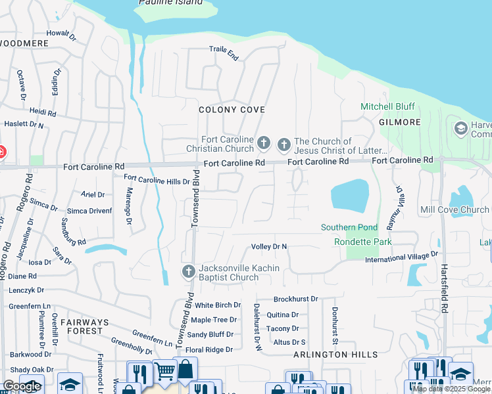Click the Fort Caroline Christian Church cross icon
tap(264, 142)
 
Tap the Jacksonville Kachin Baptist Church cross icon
tap(188, 272)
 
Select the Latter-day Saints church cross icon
tap(284, 144)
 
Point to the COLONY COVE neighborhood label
tap(232, 110)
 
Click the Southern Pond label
tap(349, 228)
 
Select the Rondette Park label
tap(364, 242)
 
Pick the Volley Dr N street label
tap(270, 247)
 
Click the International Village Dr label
tap(401, 257)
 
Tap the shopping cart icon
tap(164, 372)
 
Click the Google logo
tap(22, 386)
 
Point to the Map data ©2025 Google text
tap(451, 389)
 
